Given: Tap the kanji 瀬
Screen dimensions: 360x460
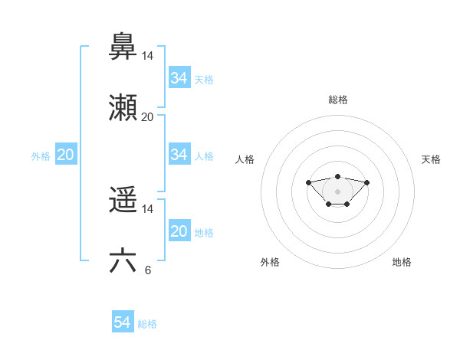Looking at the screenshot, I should tap(123, 107).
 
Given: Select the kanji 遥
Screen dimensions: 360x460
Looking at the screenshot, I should tap(123, 200).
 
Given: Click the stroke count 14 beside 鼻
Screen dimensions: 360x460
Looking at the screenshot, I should tap(147, 56).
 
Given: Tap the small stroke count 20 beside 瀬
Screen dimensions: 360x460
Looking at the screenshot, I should tap(147, 117).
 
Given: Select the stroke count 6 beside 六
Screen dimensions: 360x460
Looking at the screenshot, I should tap(147, 270).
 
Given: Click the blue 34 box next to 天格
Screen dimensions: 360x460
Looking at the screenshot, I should tap(179, 78).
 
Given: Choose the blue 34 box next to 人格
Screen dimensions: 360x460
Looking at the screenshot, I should tap(179, 155).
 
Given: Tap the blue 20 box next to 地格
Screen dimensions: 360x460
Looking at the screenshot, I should tap(179, 231).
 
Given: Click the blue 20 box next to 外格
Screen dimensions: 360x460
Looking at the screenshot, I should tap(66, 155).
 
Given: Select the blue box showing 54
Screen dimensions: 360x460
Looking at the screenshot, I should tap(123, 323).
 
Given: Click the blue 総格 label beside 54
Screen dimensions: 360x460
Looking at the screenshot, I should tap(147, 324).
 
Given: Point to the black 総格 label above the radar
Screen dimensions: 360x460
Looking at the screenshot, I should tap(338, 100).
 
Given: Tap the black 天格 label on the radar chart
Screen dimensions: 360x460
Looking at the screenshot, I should tap(431, 159).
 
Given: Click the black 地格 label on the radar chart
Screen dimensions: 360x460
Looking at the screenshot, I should tap(402, 262).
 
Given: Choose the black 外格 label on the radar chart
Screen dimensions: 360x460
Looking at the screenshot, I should tap(270, 262).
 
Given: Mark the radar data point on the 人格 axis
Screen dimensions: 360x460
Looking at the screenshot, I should tap(308, 182).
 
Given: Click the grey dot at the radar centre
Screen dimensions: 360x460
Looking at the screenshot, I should tap(337, 191).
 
